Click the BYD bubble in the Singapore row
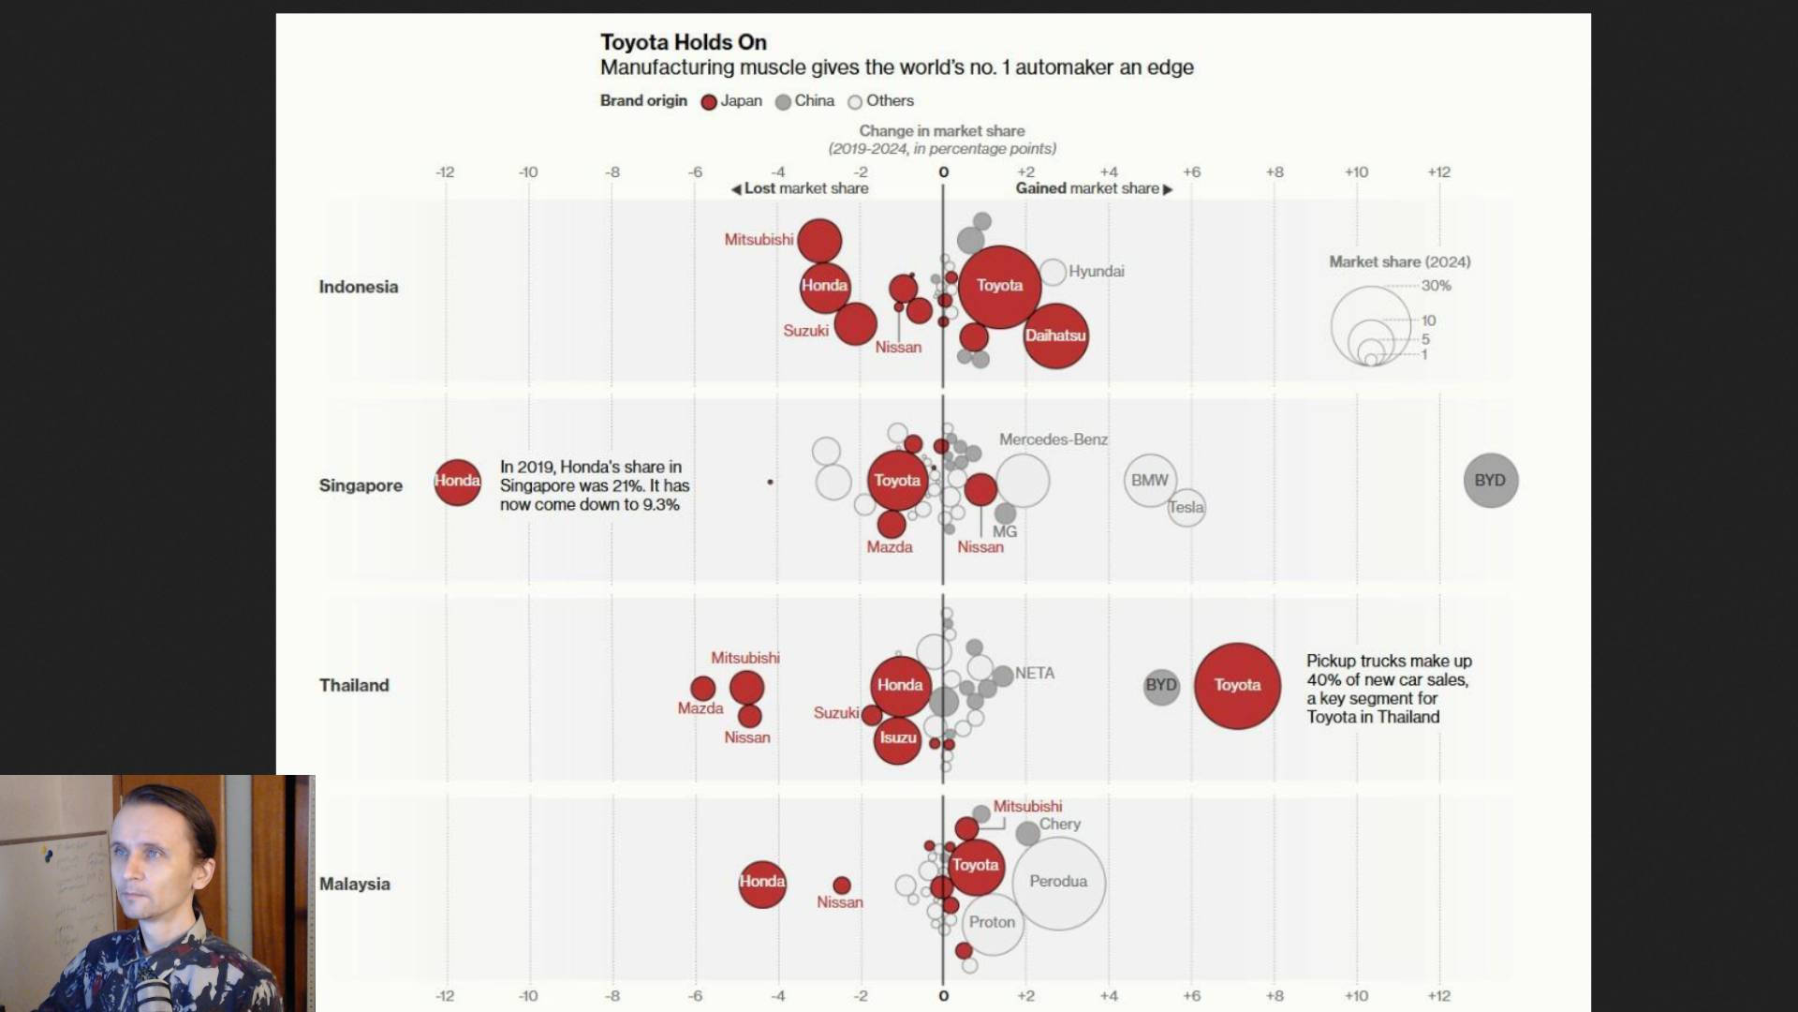click(x=1490, y=481)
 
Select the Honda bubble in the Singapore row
click(x=457, y=482)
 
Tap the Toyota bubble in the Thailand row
click(x=1237, y=685)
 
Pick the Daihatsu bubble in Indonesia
click(x=1055, y=335)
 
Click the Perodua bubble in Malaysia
click(x=1058, y=882)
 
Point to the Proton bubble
click(x=992, y=923)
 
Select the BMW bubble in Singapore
click(x=1149, y=481)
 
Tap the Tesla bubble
click(x=1186, y=508)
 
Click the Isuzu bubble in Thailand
click(x=897, y=738)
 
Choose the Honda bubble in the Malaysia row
click(x=761, y=883)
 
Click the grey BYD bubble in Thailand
click(x=1161, y=686)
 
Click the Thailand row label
click(x=354, y=685)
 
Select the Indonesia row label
click(x=358, y=287)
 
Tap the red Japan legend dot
click(x=709, y=102)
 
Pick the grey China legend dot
click(x=783, y=102)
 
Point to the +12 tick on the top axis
click(x=1438, y=172)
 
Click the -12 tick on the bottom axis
click(x=445, y=996)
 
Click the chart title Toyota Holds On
click(x=683, y=42)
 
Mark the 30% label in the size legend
click(x=1436, y=286)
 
